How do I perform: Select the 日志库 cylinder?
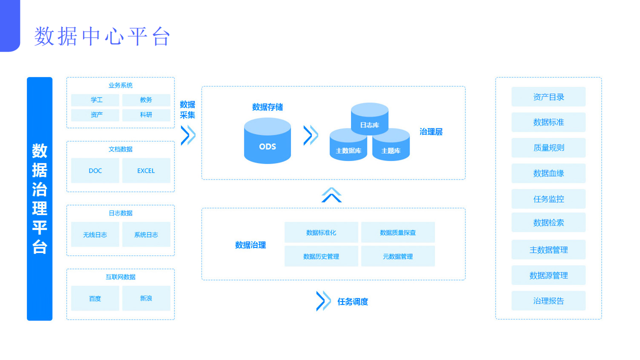pyautogui.click(x=369, y=118)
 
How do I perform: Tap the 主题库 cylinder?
pyautogui.click(x=391, y=147)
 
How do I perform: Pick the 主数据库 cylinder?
pyautogui.click(x=348, y=147)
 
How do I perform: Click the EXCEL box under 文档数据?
pyautogui.click(x=146, y=170)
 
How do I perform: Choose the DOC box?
pyautogui.click(x=95, y=170)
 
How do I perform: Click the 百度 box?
pyautogui.click(x=95, y=298)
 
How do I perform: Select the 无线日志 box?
pyautogui.click(x=95, y=234)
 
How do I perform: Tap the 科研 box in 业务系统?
pyautogui.click(x=146, y=115)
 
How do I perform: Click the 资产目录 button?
pyautogui.click(x=548, y=97)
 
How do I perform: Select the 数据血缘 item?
pyautogui.click(x=548, y=173)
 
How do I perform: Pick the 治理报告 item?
pyautogui.click(x=548, y=301)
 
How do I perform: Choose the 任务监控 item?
pyautogui.click(x=548, y=199)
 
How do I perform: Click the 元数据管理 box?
pyautogui.click(x=398, y=256)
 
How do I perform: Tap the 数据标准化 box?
pyautogui.click(x=321, y=232)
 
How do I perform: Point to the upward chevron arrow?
pyautogui.click(x=331, y=195)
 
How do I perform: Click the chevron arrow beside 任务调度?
pyautogui.click(x=323, y=301)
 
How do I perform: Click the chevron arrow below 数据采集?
pyautogui.click(x=187, y=135)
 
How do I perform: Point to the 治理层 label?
pyautogui.click(x=431, y=132)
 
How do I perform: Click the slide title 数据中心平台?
pyautogui.click(x=102, y=36)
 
